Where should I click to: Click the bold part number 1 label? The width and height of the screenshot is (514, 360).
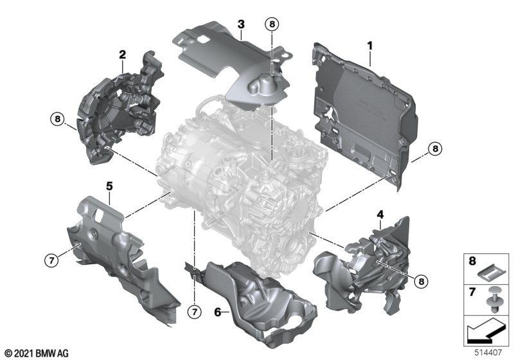click(x=370, y=46)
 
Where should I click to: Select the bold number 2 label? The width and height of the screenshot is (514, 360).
click(x=122, y=55)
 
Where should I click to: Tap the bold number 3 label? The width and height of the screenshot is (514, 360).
click(x=241, y=24)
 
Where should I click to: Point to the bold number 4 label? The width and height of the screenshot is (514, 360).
click(x=380, y=215)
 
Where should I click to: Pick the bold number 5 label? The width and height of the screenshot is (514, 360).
click(x=109, y=186)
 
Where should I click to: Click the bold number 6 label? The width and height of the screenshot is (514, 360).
click(x=218, y=312)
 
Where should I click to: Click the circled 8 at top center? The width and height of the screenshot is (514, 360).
click(x=272, y=24)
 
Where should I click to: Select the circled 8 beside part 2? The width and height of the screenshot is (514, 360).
click(x=58, y=119)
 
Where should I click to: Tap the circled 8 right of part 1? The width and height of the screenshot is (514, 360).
click(x=435, y=149)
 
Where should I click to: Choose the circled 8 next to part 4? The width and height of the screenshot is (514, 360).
click(x=421, y=281)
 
